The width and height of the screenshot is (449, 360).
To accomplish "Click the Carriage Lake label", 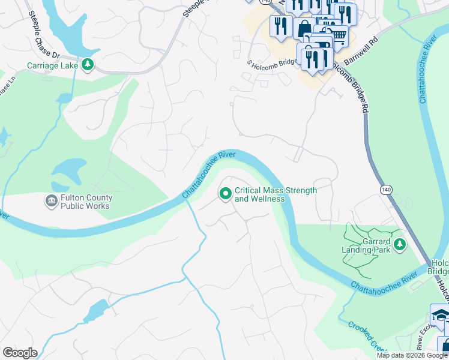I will (52, 65).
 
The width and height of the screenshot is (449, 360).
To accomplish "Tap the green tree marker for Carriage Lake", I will (88, 65).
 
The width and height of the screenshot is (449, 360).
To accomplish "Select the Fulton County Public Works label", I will (85, 202).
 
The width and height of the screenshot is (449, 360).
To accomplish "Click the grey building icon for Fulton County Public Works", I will (51, 202).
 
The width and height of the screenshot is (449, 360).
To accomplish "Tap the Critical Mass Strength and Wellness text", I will (276, 194).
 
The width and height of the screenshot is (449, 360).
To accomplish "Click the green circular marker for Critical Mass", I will (226, 193).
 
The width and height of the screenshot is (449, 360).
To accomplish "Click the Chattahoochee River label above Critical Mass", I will (208, 175).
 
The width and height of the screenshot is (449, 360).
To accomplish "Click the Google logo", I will (20, 353).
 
